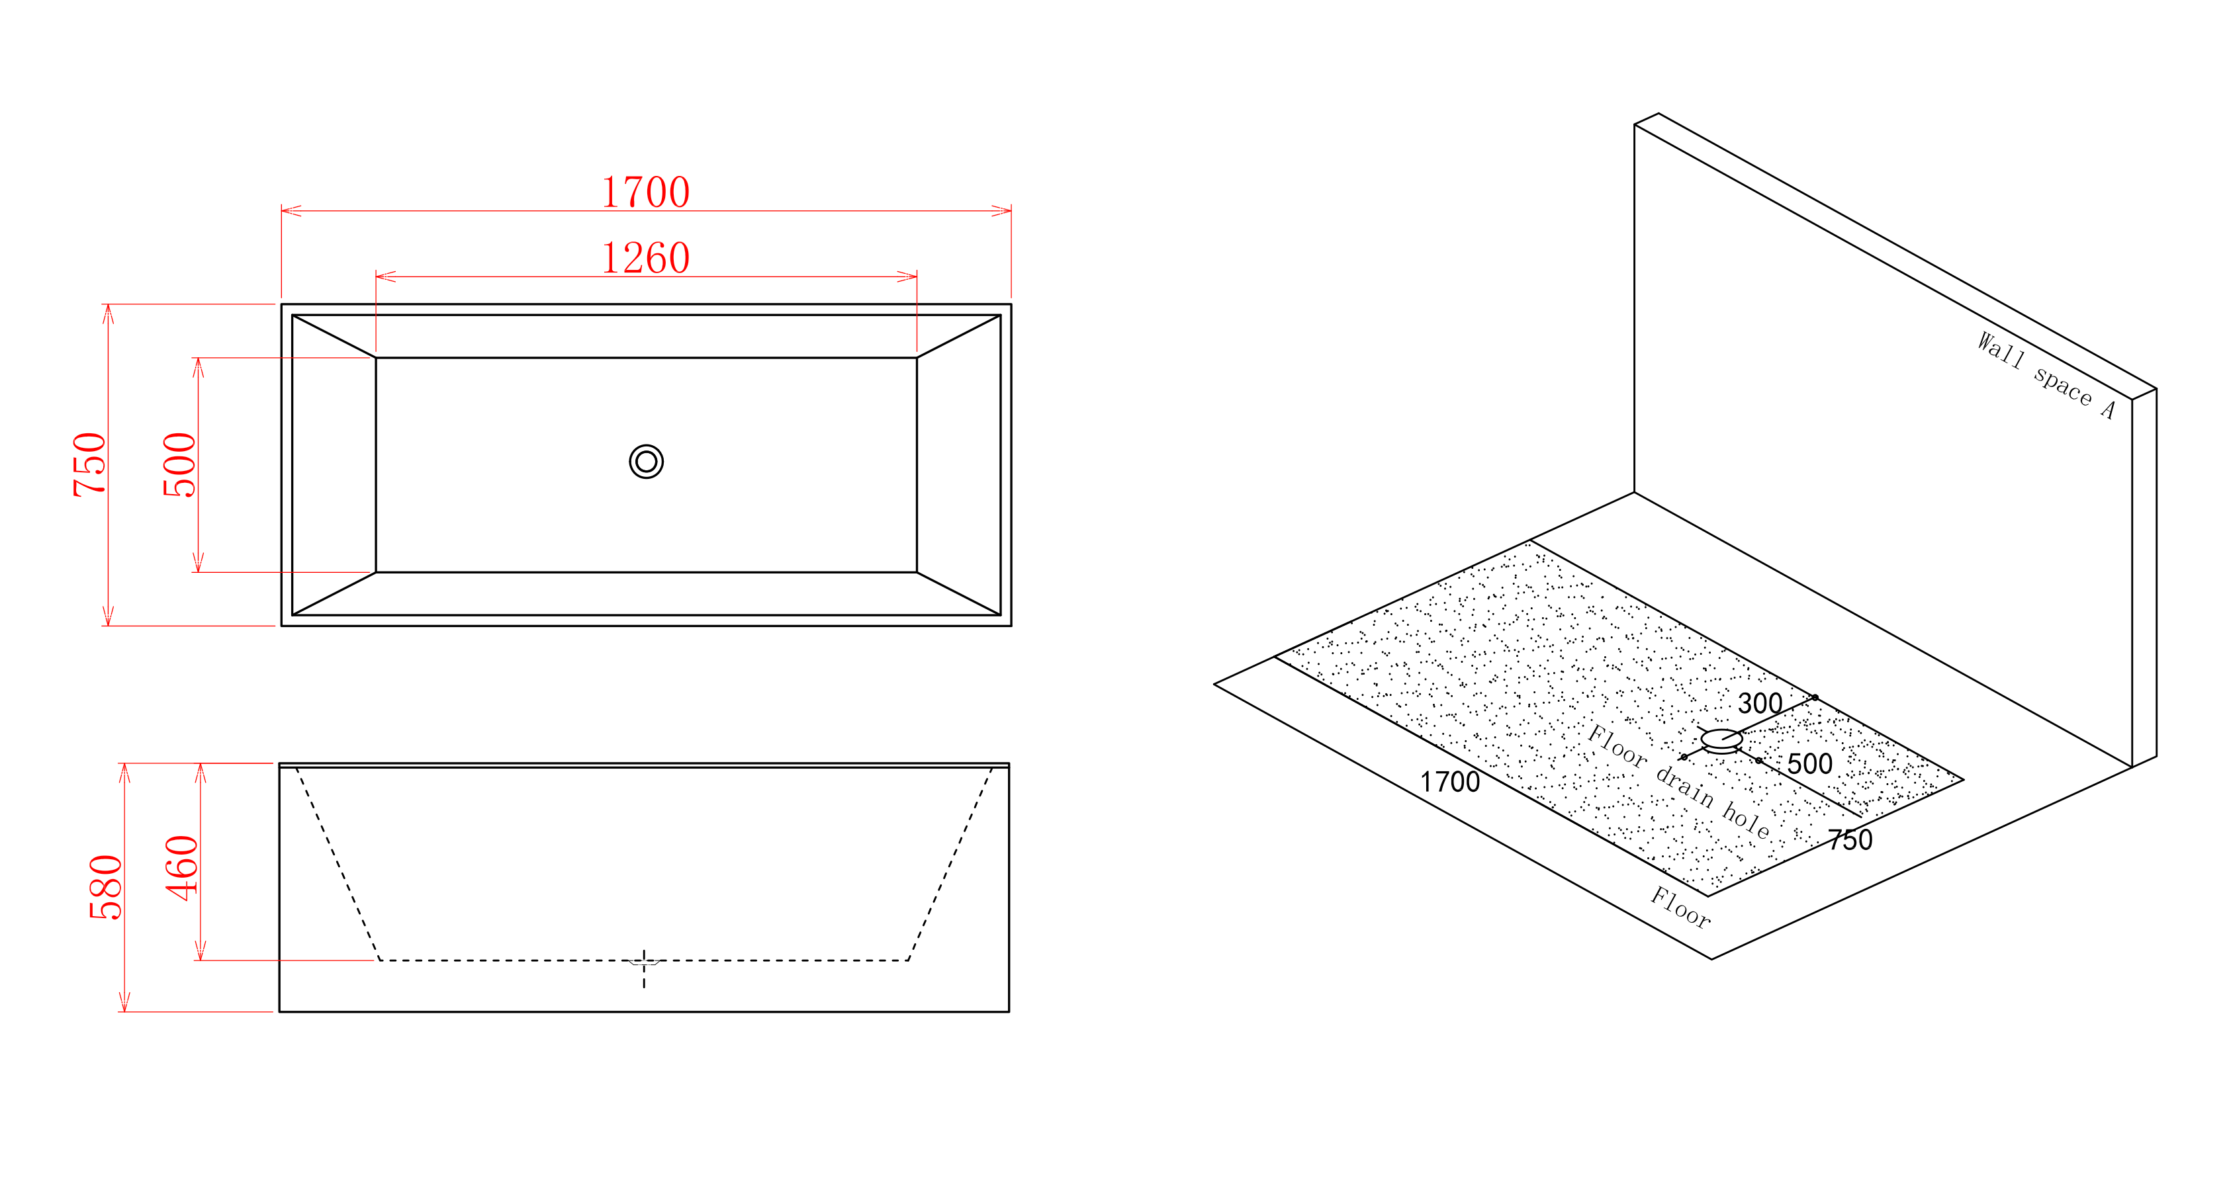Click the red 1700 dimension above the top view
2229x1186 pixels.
(x=645, y=192)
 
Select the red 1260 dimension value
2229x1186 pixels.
(x=645, y=258)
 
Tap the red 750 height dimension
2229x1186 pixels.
(x=89, y=464)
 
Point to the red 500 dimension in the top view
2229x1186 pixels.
(x=179, y=464)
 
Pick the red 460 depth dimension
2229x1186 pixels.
(x=182, y=868)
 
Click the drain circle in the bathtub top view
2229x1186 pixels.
(x=647, y=462)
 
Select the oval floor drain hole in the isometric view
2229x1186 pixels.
(x=1721, y=740)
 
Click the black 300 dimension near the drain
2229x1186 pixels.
(x=1760, y=703)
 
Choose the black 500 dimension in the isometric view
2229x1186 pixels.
(x=1809, y=764)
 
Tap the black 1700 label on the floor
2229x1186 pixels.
(x=1450, y=782)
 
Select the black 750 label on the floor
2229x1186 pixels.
(x=1851, y=840)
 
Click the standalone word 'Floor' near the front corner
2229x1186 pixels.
(x=1680, y=908)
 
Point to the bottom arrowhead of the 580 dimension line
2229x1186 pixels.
(x=124, y=1001)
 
